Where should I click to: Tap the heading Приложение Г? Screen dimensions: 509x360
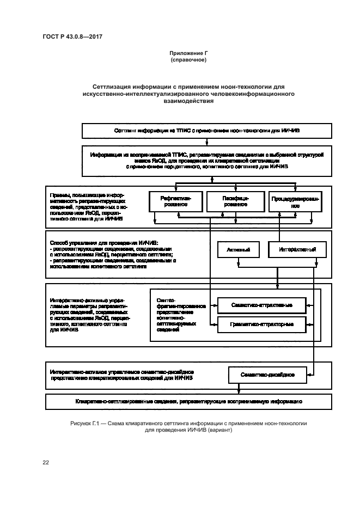[x=188, y=53]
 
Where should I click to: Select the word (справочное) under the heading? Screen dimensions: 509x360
[x=188, y=59]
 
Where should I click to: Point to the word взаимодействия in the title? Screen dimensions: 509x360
[x=188, y=101]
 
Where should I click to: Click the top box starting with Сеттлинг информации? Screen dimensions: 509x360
[x=206, y=131]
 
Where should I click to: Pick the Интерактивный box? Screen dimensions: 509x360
[x=297, y=250]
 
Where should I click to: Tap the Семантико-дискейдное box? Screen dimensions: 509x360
[x=268, y=375]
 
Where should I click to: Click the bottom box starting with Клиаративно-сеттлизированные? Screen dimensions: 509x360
[x=188, y=401]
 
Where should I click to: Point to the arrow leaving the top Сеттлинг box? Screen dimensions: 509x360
[x=206, y=142]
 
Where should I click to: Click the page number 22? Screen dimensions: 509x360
[x=46, y=463]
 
